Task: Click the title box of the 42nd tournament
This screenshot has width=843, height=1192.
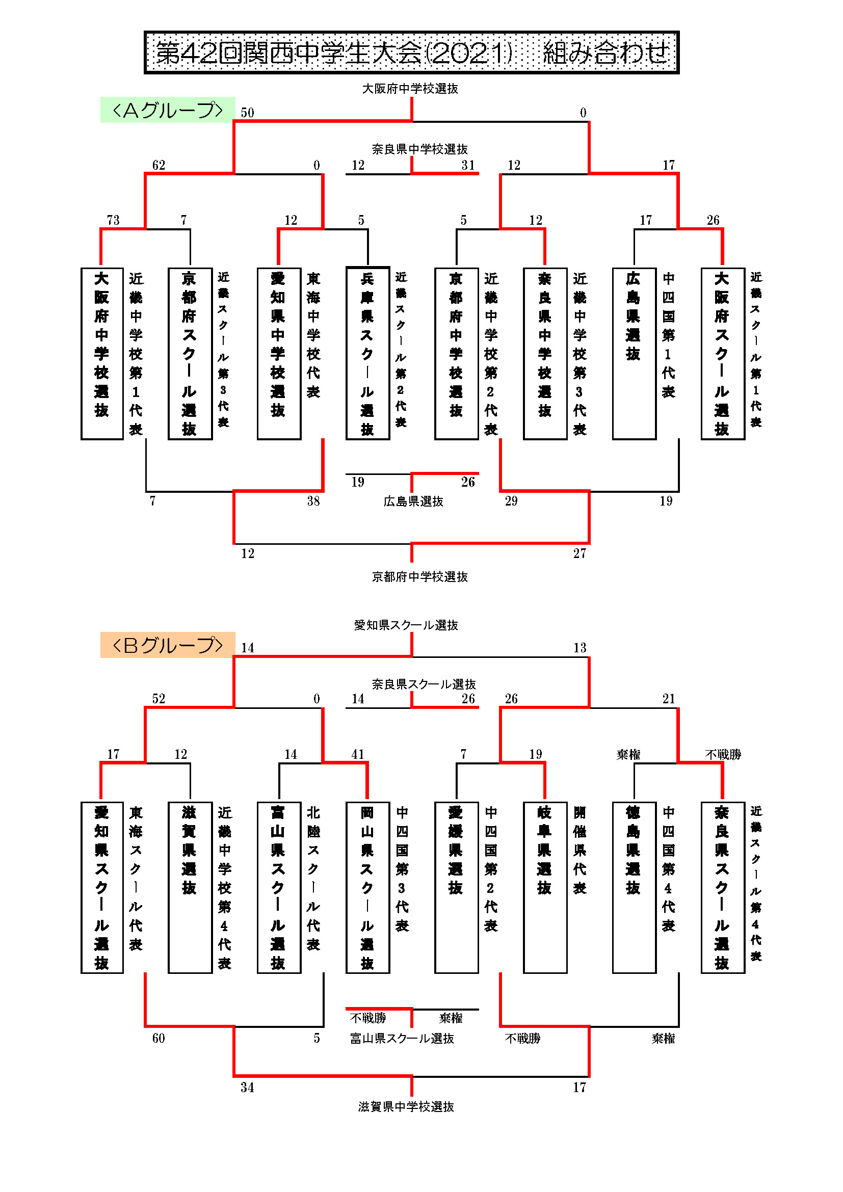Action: pos(411,52)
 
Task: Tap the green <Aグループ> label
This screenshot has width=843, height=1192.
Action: pos(167,110)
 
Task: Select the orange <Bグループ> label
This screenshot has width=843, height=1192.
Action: pos(167,645)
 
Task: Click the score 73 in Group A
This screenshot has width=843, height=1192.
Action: pos(113,220)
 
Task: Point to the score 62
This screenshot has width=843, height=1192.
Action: pos(159,165)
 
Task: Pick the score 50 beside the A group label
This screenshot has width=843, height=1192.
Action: pos(247,113)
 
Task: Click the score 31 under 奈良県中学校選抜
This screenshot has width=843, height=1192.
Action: pos(468,165)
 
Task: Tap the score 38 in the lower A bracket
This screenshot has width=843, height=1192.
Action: pos(313,501)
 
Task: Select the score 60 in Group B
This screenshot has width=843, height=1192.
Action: pos(159,1038)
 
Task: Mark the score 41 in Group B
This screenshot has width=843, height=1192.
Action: pos(358,754)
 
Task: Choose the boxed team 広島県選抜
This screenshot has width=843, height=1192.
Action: pos(634,354)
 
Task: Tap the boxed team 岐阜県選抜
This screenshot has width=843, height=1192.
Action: pos(545,888)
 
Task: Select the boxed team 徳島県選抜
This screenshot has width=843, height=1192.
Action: pos(634,888)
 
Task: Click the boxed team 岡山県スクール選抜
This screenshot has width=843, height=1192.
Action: pos(367,888)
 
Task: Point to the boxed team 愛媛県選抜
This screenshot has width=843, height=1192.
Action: pos(456,888)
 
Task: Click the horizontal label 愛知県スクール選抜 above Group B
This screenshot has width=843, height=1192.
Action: pos(406,625)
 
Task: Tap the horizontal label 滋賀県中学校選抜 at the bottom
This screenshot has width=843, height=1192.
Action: pos(406,1107)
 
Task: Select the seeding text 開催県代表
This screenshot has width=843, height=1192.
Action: pos(580,850)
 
